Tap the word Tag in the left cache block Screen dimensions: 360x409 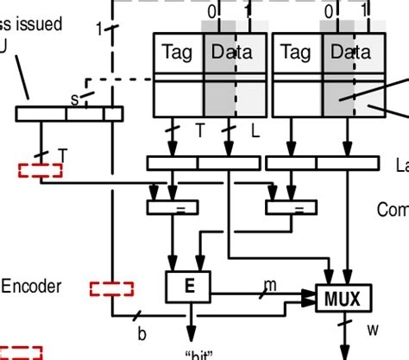point(176,53)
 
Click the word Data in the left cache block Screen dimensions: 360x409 point(231,53)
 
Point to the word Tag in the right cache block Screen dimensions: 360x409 point(295,53)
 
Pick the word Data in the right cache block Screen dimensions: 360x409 point(350,53)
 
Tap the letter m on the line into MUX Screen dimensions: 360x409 point(270,285)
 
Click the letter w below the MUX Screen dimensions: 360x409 point(373,329)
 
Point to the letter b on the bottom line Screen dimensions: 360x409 point(142,332)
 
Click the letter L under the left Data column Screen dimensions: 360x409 point(255,130)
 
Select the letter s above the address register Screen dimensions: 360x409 point(74,99)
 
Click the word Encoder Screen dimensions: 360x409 point(31,287)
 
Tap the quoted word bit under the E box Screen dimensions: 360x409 point(198,354)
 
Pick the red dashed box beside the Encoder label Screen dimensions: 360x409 point(111,288)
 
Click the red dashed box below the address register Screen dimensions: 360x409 point(41,170)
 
